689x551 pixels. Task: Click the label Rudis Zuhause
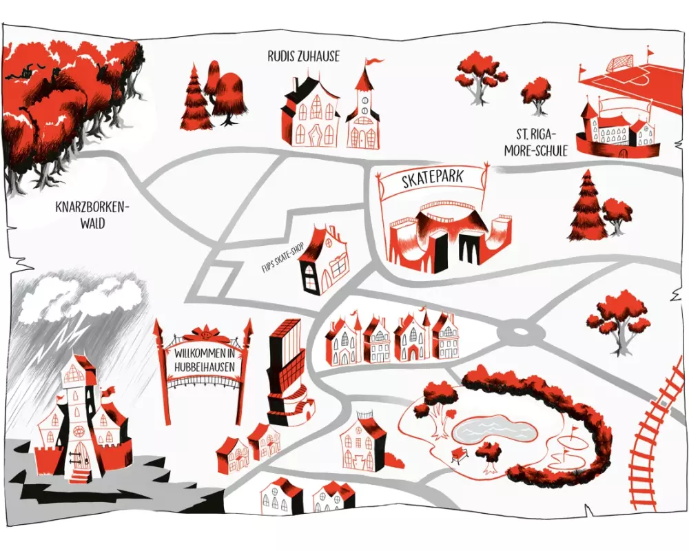(x=304, y=56)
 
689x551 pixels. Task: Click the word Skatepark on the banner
(x=432, y=180)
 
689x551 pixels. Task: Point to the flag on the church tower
(x=373, y=62)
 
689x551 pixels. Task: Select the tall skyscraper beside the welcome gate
(x=285, y=372)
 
